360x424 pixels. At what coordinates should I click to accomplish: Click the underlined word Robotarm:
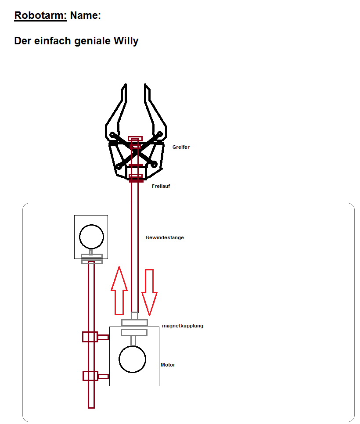(40, 15)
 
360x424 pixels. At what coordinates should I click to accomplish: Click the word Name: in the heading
(86, 15)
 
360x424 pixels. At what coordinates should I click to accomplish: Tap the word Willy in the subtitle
(126, 41)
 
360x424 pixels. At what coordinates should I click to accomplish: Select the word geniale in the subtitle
(92, 41)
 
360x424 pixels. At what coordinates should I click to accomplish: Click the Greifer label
(181, 147)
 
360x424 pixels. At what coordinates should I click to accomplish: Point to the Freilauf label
(161, 186)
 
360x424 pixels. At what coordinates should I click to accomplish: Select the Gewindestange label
(165, 237)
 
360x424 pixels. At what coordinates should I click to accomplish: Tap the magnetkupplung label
(183, 326)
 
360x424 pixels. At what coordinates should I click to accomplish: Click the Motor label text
(168, 365)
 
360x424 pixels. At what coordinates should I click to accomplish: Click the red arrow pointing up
(119, 291)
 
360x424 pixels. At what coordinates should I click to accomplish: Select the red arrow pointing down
(149, 292)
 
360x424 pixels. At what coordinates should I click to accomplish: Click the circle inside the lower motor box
(132, 359)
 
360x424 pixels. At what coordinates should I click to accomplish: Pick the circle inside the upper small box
(91, 237)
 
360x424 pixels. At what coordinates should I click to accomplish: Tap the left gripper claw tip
(126, 84)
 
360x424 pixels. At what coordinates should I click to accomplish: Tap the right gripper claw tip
(145, 84)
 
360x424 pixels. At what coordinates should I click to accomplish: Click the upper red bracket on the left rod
(95, 337)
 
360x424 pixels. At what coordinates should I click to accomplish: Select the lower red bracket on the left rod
(95, 376)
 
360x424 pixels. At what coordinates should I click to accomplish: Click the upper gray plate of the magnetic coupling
(134, 322)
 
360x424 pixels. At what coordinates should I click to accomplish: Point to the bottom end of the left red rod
(91, 408)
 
